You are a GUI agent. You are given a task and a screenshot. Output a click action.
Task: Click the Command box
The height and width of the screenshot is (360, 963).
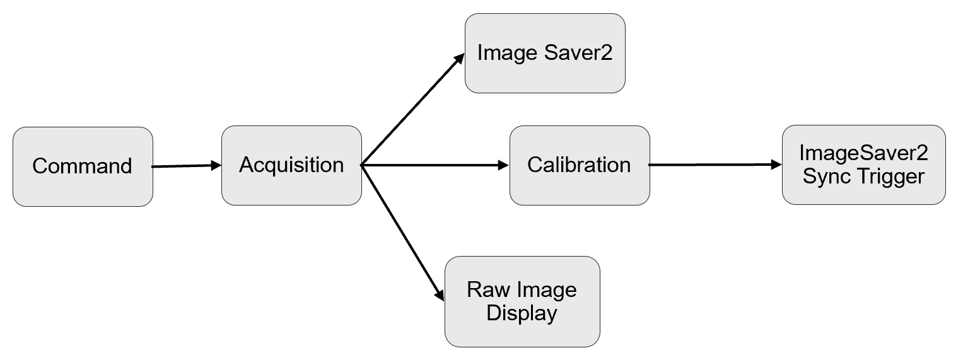pyautogui.click(x=83, y=166)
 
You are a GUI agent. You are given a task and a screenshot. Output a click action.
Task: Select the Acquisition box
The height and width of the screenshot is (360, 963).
pyautogui.click(x=291, y=165)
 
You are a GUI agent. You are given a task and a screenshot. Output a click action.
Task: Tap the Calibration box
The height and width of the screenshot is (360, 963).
pyautogui.click(x=579, y=165)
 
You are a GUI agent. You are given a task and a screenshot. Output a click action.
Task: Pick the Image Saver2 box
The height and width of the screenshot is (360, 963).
pyautogui.click(x=545, y=53)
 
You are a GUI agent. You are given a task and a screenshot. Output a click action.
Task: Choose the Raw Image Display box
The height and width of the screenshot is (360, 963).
pyautogui.click(x=522, y=301)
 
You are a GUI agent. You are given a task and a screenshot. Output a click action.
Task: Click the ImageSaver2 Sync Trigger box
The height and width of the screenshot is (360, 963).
pyautogui.click(x=863, y=165)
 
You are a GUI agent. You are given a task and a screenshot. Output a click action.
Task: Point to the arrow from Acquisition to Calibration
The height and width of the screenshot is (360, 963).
pyautogui.click(x=435, y=165)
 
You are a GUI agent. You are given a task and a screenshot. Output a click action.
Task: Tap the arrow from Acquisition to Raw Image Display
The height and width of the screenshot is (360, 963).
pyautogui.click(x=401, y=231)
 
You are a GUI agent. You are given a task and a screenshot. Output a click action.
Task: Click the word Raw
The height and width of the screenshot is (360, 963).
pyautogui.click(x=487, y=290)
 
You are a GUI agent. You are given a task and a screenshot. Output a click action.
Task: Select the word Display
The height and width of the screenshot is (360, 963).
pyautogui.click(x=522, y=313)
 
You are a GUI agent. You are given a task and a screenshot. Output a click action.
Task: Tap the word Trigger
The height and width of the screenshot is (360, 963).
pyautogui.click(x=890, y=176)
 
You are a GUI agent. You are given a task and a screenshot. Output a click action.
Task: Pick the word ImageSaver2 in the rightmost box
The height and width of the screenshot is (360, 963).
pyautogui.click(x=863, y=153)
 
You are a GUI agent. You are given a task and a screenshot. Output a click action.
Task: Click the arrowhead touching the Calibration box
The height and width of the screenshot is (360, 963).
pyautogui.click(x=503, y=165)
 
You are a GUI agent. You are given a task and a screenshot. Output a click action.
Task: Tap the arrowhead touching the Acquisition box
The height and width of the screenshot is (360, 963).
pyautogui.click(x=216, y=166)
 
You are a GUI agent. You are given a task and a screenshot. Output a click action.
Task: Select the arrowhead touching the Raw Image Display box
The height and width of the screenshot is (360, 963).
pyautogui.click(x=440, y=293)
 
